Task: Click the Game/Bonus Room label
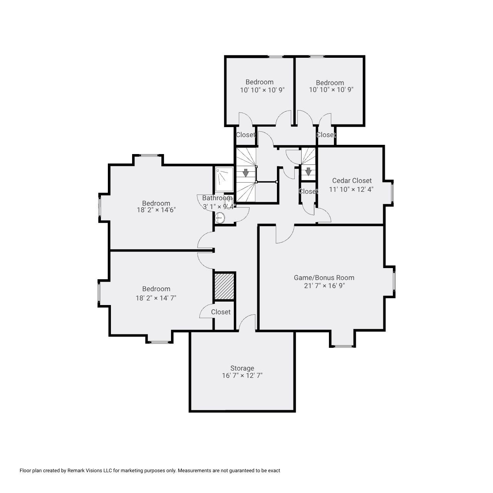coord(324,277)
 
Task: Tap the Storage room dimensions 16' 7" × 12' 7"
coord(242,376)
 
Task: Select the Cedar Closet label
coord(352,180)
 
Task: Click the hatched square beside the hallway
coord(224,286)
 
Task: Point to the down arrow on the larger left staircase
coord(245,173)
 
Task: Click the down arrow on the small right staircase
coord(308,171)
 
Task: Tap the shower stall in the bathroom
coord(224,179)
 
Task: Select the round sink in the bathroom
coord(220,218)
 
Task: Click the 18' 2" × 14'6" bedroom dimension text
coord(156,210)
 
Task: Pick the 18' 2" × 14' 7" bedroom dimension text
coord(156,298)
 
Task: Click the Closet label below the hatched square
coord(221,312)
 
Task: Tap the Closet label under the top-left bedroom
coord(245,135)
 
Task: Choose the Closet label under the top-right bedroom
coord(326,135)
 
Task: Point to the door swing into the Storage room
coord(247,323)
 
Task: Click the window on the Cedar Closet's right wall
coord(392,192)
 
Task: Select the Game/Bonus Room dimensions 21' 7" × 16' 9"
coord(324,286)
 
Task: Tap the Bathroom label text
coord(217,198)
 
